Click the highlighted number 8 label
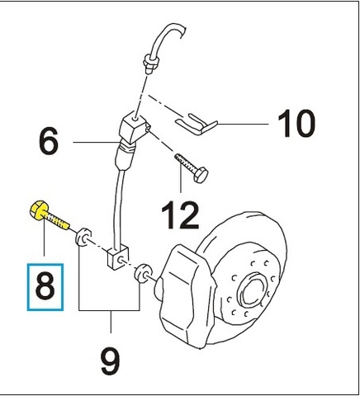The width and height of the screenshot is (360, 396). point(45,287)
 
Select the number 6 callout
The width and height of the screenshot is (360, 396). point(49,141)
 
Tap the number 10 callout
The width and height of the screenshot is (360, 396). point(296,123)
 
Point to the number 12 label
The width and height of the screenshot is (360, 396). point(180,214)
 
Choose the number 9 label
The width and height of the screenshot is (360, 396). point(110,363)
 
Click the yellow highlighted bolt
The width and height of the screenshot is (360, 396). point(49,214)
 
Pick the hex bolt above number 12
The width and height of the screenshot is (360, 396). point(192,168)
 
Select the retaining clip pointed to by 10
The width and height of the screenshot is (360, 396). point(196,125)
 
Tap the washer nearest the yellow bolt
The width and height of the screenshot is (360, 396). point(83,237)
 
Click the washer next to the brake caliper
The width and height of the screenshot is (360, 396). point(143,273)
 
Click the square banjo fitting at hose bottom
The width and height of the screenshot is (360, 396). point(118,258)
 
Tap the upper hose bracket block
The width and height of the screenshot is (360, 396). point(135,127)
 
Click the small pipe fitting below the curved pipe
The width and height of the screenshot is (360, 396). point(150,64)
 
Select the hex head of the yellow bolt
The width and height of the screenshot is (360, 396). point(39,210)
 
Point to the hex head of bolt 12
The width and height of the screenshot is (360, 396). point(201,175)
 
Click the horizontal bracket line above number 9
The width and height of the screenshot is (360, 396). point(109,310)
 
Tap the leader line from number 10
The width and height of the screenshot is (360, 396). point(243,124)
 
